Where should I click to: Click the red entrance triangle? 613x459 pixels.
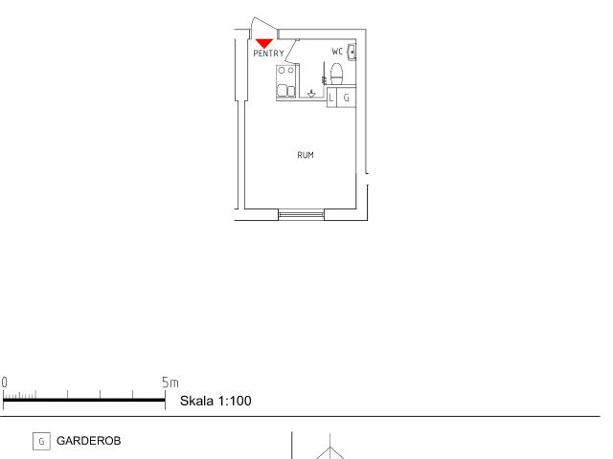coord(264,43)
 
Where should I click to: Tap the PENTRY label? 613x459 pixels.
coord(268,54)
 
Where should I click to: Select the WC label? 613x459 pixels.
coord(337,51)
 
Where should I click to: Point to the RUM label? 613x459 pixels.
coord(306,155)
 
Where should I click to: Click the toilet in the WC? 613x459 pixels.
coord(336,74)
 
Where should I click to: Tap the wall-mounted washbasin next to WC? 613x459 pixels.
coord(352,53)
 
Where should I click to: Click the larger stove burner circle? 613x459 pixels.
coord(282,71)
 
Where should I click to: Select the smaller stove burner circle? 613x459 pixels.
coord(291,70)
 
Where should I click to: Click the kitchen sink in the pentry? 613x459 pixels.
coord(285,91)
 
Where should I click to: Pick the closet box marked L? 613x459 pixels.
coord(331,98)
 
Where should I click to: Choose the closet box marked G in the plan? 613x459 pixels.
coord(346,98)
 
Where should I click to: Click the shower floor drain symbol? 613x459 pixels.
coord(311,94)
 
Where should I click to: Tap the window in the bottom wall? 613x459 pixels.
coord(301,214)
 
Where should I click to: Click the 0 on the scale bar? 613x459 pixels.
coord(4,382)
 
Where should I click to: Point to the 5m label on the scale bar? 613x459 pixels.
coord(170,382)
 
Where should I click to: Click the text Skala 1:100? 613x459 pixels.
coord(216,401)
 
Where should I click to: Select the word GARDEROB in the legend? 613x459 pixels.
coord(89,441)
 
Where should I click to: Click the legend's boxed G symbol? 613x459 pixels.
coord(41,442)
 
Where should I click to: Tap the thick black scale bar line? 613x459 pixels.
coord(84,400)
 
